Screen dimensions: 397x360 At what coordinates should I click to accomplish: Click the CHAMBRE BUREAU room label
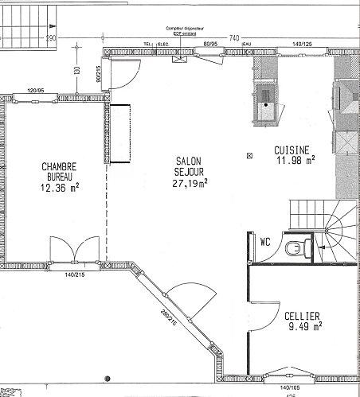[60, 172]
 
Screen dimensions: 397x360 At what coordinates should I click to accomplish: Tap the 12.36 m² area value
[60, 189]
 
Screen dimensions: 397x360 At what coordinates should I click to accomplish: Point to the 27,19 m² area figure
[190, 183]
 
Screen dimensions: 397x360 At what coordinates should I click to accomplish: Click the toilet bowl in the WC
[297, 249]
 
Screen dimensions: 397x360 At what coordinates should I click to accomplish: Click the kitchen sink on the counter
[266, 102]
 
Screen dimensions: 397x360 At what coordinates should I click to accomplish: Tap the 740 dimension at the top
[234, 37]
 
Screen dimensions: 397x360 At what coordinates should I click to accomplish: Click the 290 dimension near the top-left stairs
[52, 37]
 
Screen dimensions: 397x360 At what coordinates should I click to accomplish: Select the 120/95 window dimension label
[35, 91]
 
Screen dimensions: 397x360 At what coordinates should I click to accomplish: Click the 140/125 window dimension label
[302, 45]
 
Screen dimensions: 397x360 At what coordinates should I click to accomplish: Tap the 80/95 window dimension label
[211, 45]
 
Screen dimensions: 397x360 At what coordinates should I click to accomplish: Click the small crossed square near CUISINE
[250, 154]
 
